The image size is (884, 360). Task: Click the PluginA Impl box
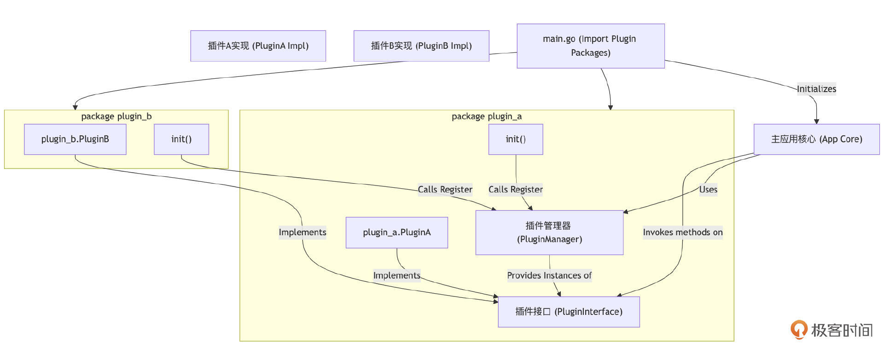tap(258, 46)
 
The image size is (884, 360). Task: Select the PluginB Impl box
tap(421, 46)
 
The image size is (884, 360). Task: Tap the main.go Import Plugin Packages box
tap(590, 46)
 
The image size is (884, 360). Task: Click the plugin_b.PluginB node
tap(75, 139)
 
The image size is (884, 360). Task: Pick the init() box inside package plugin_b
tap(181, 139)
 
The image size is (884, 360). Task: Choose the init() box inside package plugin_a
tap(516, 139)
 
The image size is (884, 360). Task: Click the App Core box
tap(816, 139)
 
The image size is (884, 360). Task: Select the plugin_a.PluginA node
tap(397, 232)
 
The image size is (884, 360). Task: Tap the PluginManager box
tap(549, 232)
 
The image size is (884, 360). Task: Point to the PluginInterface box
tap(569, 312)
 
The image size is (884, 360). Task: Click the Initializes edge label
tap(816, 89)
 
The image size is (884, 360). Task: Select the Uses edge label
tap(708, 189)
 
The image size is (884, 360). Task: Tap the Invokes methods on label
tap(683, 232)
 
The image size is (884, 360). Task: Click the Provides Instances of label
tap(549, 275)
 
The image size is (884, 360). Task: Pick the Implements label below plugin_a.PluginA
tap(397, 275)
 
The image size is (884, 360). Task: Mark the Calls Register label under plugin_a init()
tap(516, 189)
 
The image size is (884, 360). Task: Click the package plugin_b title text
tap(116, 116)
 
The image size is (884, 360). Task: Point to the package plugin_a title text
tap(487, 116)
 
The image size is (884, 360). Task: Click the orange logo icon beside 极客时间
tap(799, 329)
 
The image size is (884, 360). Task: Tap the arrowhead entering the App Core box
tap(816, 122)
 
